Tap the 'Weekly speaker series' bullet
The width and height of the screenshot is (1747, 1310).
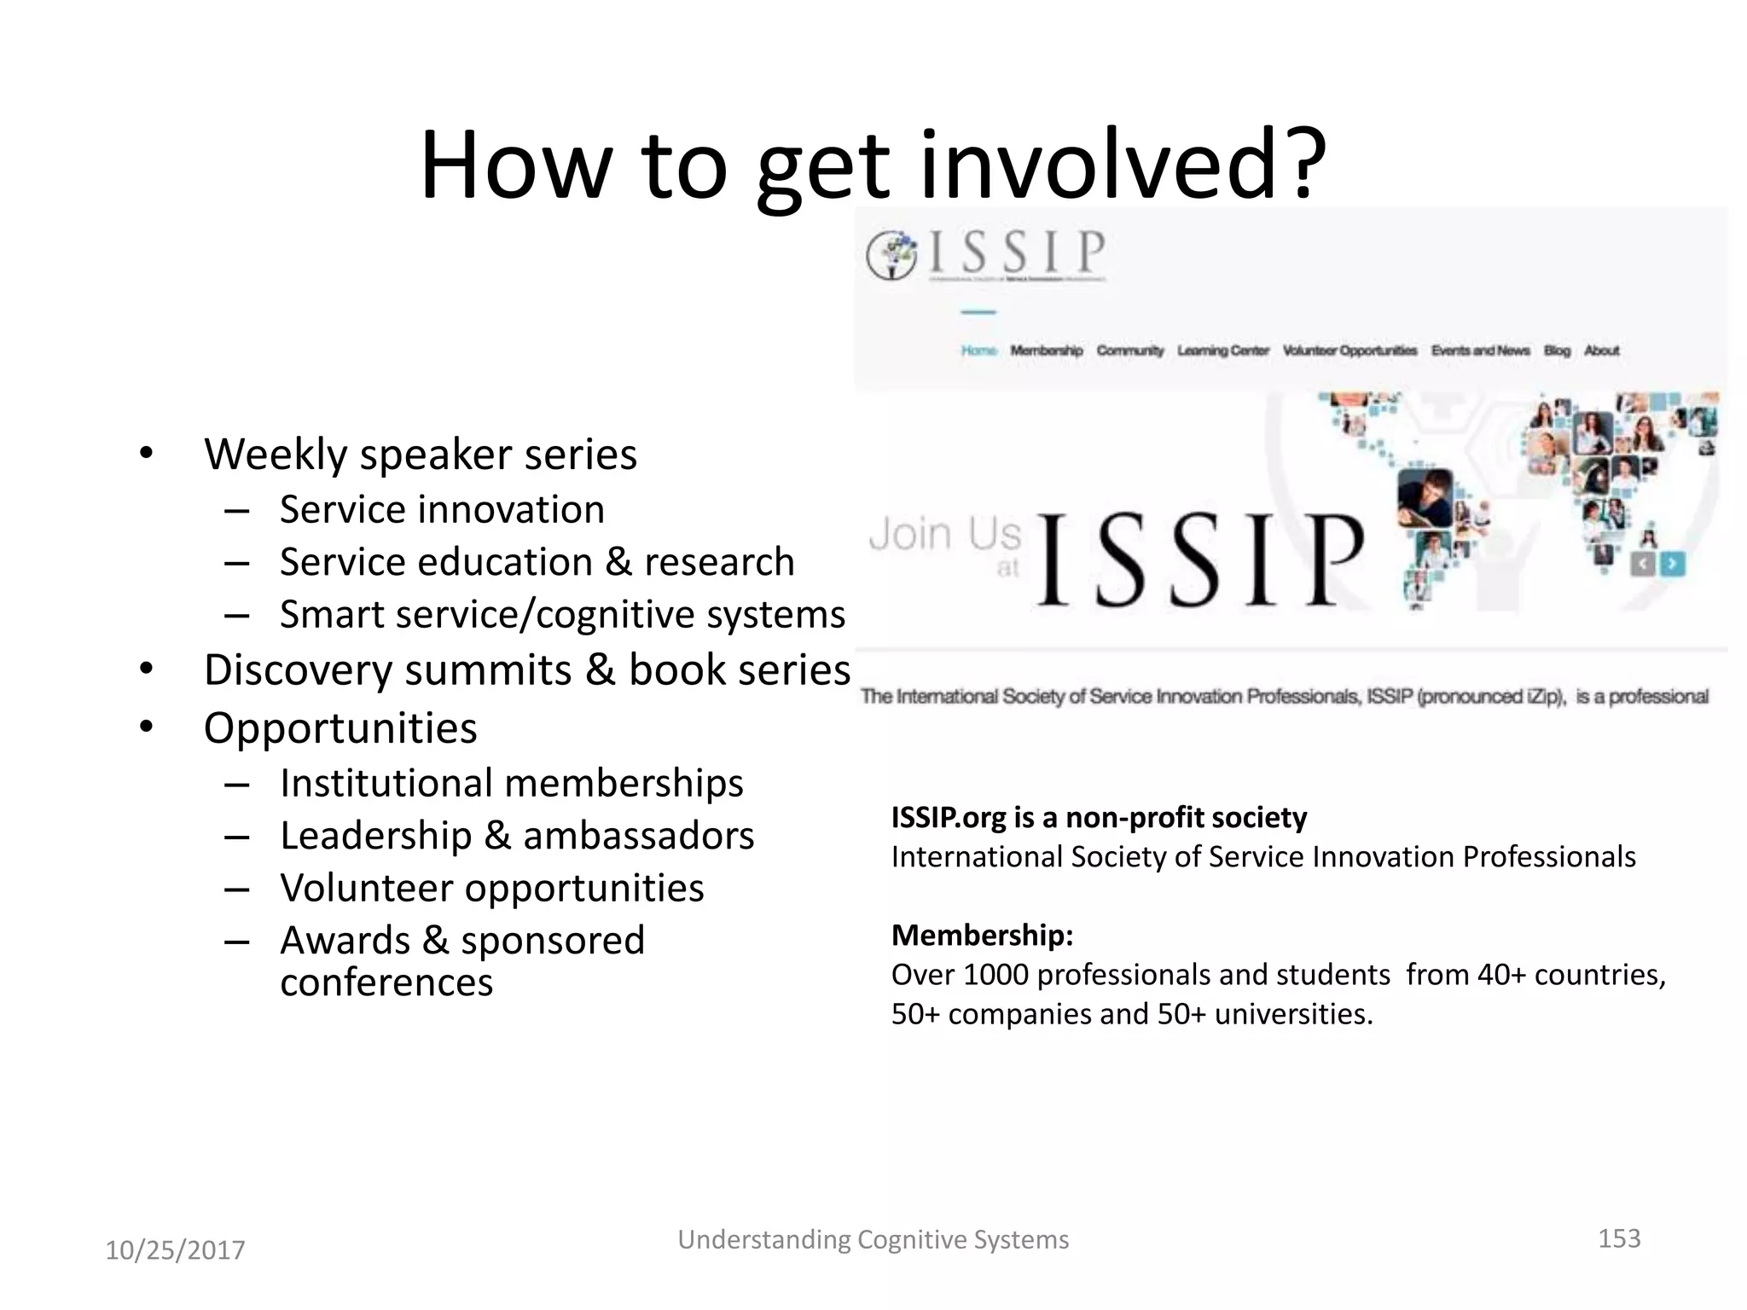point(420,454)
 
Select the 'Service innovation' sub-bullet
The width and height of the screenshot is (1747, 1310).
point(442,510)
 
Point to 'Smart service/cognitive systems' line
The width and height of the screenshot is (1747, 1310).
point(562,615)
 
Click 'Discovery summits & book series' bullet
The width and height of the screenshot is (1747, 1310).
point(526,670)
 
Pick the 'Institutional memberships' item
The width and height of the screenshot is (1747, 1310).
point(511,784)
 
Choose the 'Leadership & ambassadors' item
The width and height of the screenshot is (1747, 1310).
point(517,836)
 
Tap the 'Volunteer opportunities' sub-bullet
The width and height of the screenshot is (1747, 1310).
point(491,889)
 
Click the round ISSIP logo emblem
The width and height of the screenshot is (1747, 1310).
point(891,255)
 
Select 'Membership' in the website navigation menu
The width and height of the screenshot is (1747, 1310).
point(1046,351)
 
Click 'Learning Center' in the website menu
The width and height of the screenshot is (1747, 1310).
point(1222,351)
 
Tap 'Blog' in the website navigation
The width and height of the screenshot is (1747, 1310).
point(1557,351)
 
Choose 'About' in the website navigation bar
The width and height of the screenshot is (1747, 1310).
point(1601,351)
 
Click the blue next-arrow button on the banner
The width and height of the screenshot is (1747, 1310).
point(1673,564)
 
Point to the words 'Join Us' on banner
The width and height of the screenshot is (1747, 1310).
point(944,535)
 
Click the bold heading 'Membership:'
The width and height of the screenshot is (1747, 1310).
point(982,936)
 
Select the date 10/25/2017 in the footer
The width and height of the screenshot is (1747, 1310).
point(175,1250)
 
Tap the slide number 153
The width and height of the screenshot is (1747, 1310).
point(1618,1238)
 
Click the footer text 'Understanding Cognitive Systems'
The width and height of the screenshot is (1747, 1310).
point(873,1239)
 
